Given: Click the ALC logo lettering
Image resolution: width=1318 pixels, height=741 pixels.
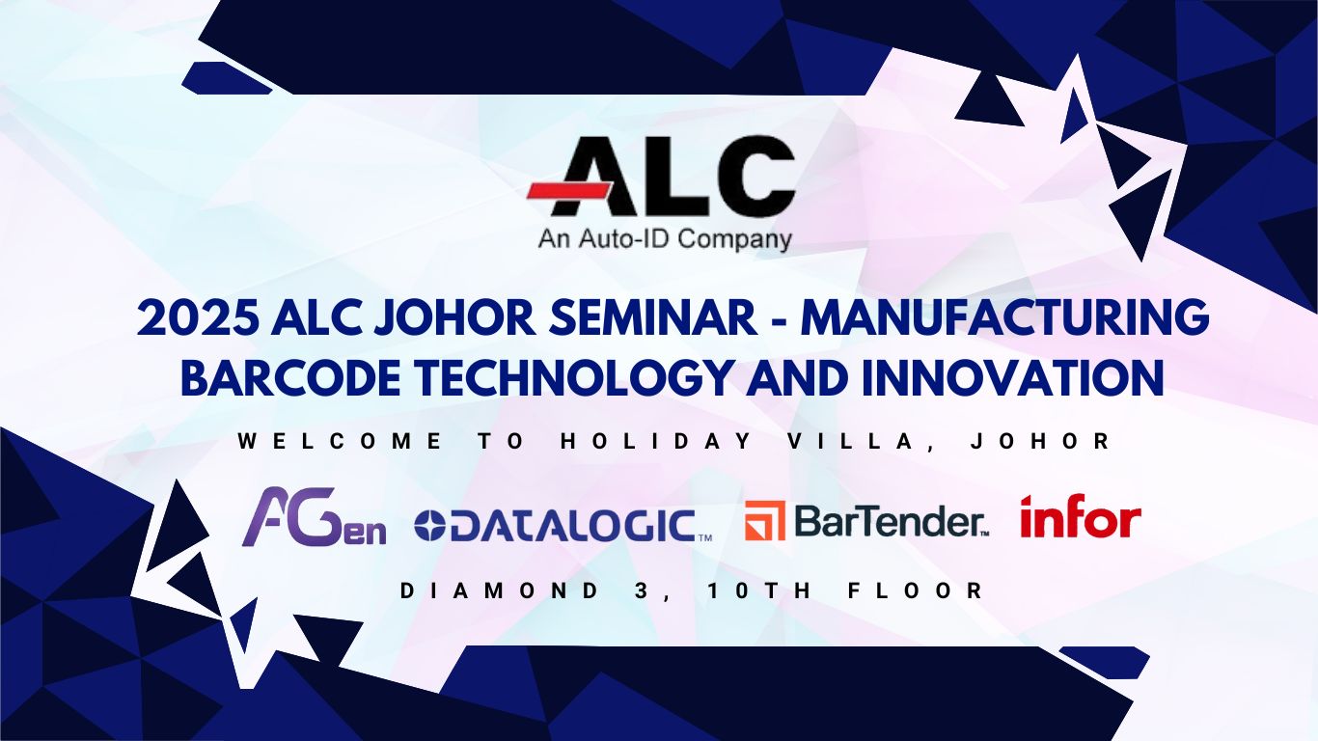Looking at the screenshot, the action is click(673, 176).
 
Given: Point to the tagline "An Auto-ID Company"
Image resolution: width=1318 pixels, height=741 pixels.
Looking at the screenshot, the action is click(665, 239).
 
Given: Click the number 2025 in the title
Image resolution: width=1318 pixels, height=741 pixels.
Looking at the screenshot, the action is click(197, 317).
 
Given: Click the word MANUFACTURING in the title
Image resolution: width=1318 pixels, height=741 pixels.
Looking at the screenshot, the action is click(1005, 317).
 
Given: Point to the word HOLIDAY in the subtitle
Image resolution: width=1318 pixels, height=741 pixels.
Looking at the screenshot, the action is click(656, 441).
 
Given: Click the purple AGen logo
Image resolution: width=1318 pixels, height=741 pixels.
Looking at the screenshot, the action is click(315, 517).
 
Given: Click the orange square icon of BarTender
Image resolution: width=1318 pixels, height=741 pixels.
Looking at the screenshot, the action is click(764, 520).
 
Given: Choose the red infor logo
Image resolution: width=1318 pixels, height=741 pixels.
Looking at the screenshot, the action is click(1081, 516).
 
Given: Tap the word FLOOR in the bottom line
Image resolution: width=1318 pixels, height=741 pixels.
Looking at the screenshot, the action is click(916, 590).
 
